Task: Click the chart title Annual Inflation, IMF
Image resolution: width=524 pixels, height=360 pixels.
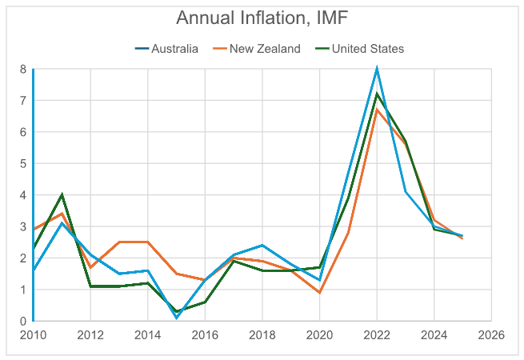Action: click(262, 18)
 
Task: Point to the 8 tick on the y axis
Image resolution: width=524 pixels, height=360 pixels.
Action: click(22, 69)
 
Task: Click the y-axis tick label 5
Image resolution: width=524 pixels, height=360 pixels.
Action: click(22, 163)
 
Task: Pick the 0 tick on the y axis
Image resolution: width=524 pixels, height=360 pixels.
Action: click(22, 321)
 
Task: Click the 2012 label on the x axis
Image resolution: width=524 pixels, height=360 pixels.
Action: click(90, 334)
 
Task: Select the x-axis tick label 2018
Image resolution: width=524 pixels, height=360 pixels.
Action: click(262, 334)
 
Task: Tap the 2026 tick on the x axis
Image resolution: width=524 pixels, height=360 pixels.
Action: click(490, 334)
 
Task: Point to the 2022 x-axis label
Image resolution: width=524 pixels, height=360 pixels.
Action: click(376, 334)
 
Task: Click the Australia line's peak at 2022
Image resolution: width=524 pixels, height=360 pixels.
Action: click(376, 69)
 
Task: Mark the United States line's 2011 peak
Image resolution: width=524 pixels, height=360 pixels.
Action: click(62, 194)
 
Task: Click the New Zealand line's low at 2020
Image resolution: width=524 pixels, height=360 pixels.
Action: click(319, 293)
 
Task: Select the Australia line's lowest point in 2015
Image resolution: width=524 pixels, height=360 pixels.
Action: click(176, 318)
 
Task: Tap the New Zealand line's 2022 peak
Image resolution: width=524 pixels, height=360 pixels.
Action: click(376, 110)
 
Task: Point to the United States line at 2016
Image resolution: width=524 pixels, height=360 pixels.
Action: click(205, 302)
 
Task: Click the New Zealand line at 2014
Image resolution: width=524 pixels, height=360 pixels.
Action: click(147, 242)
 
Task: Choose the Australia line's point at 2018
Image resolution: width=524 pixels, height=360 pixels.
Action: click(262, 245)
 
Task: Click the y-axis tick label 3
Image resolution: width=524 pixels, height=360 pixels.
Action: click(22, 226)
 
